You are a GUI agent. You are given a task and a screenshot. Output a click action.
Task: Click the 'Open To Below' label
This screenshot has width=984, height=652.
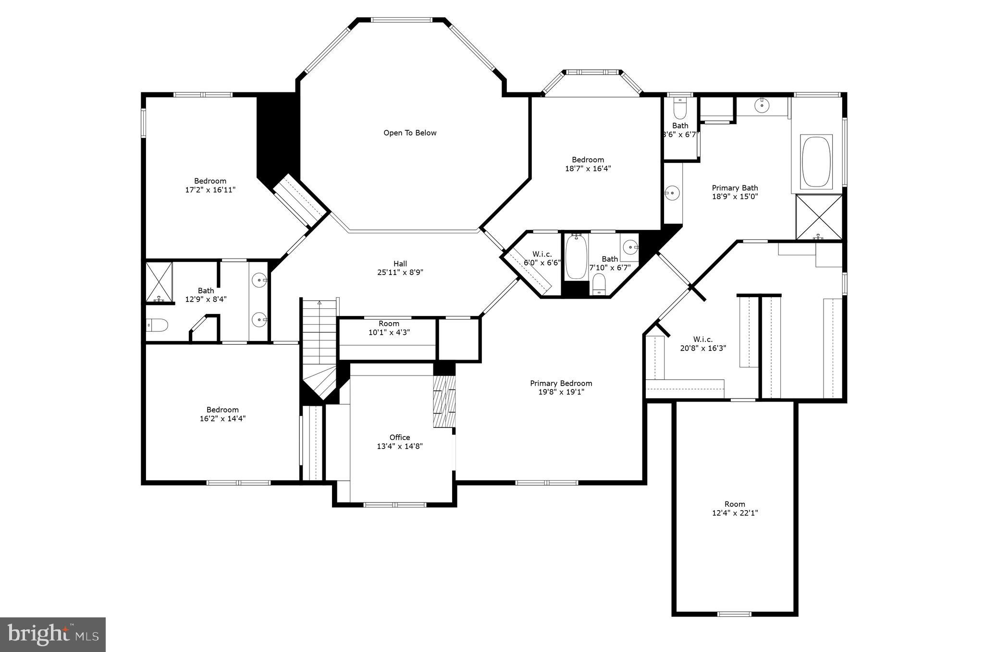[410, 133]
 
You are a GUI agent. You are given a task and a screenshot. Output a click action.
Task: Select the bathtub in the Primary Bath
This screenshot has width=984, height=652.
[816, 162]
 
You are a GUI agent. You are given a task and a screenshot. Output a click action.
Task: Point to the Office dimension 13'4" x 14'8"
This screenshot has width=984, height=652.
[400, 446]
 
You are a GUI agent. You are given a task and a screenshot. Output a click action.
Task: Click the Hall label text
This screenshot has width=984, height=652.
[400, 263]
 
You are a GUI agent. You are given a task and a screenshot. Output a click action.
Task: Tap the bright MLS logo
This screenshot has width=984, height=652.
[53, 635]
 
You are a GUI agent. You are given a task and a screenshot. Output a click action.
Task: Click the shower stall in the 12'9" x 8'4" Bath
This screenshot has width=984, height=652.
[159, 282]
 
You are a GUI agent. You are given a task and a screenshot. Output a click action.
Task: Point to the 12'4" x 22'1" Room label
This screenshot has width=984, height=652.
[735, 508]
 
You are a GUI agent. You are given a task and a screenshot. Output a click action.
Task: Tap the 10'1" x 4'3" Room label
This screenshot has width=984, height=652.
[389, 328]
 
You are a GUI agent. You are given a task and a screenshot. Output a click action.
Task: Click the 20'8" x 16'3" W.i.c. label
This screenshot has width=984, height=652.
[702, 343]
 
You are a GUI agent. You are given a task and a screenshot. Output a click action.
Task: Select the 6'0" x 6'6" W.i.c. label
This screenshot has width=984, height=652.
[542, 258]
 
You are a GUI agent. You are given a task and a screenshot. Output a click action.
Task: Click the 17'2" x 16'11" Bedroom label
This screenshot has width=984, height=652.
[210, 185]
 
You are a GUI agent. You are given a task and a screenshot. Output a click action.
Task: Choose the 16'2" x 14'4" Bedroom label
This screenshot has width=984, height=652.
[222, 414]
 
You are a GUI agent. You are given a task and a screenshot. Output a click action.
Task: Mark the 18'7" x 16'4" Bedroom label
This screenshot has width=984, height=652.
[588, 164]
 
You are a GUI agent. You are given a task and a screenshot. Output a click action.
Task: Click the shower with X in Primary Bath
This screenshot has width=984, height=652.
[819, 217]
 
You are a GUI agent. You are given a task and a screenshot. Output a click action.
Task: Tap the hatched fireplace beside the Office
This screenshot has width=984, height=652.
[444, 401]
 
